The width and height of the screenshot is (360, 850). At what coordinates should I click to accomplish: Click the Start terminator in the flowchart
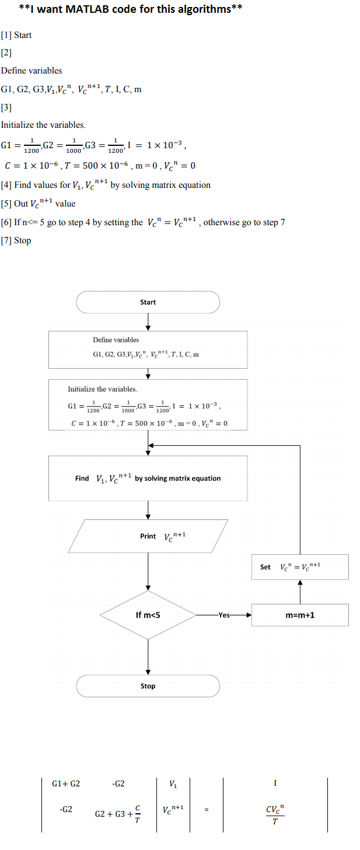pos(148,302)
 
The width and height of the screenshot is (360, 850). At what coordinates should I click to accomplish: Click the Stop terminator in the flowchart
pos(148,685)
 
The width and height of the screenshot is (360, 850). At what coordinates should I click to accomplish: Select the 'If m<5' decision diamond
pos(148,615)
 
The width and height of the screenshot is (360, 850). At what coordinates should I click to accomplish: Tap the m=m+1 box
pos(300,615)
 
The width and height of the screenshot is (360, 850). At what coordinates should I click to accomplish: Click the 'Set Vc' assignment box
pos(300,567)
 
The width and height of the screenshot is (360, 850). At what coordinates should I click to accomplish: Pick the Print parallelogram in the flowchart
pos(148,536)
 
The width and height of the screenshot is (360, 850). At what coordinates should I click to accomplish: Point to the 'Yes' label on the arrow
pos(224,615)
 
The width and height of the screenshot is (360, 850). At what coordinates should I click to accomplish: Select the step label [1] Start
pos(16,35)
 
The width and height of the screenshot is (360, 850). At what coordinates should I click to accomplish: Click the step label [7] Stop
pos(16,240)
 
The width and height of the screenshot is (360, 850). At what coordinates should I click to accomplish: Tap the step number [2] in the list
pos(6,53)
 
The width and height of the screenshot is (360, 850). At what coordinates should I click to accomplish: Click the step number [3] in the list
pos(6,107)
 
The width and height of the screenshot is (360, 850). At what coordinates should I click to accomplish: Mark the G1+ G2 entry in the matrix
pos(66,783)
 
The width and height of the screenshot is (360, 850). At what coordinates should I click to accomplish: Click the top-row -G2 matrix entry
pos(118,783)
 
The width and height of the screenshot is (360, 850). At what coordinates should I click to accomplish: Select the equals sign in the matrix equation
pos(207,809)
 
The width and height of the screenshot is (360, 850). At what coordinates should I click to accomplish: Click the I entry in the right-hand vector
pos(275,783)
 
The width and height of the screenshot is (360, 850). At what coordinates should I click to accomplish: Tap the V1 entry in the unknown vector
pos(173,783)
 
